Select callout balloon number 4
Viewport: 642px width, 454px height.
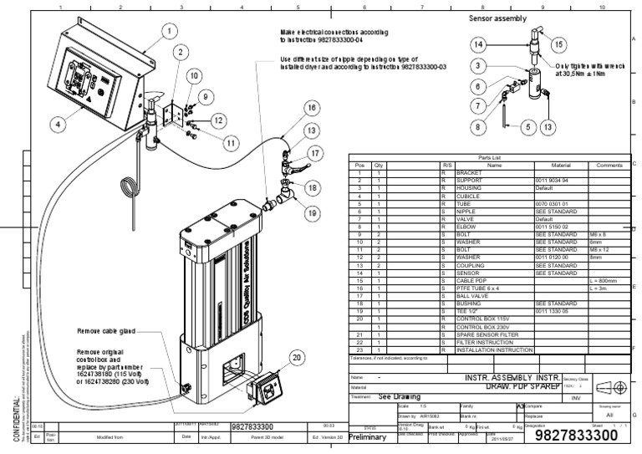coord(58,124)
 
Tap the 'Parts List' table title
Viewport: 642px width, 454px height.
coord(488,157)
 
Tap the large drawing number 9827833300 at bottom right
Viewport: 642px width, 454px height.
coord(581,436)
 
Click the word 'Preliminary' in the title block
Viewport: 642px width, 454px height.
coord(369,436)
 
